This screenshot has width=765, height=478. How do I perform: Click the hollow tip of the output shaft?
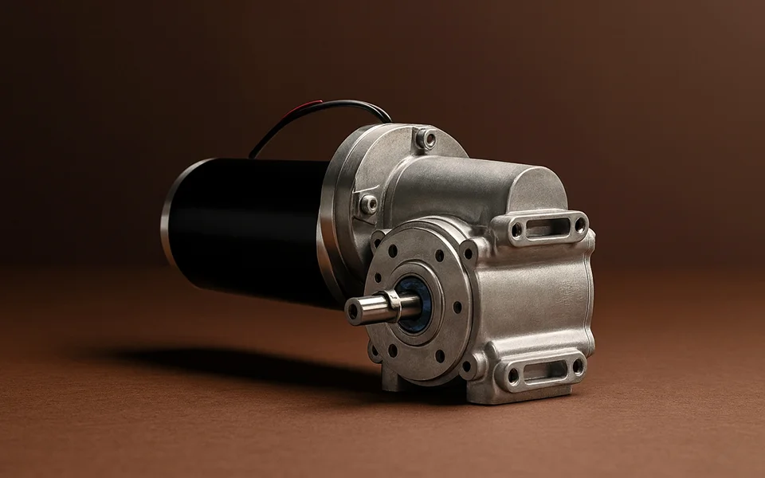pyautogui.click(x=353, y=311)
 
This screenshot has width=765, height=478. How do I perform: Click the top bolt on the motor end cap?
pyautogui.click(x=429, y=139)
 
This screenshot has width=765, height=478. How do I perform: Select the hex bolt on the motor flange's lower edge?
pyautogui.click(x=368, y=204)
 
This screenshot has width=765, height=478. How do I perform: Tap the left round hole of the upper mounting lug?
pyautogui.click(x=516, y=230)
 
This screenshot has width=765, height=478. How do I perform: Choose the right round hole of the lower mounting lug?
pyautogui.click(x=577, y=366)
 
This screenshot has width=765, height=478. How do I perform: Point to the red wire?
pyautogui.click(x=307, y=107)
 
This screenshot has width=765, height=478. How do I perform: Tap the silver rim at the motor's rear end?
pyautogui.click(x=169, y=215)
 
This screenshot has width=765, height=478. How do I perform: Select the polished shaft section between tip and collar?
pyautogui.click(x=371, y=308)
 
